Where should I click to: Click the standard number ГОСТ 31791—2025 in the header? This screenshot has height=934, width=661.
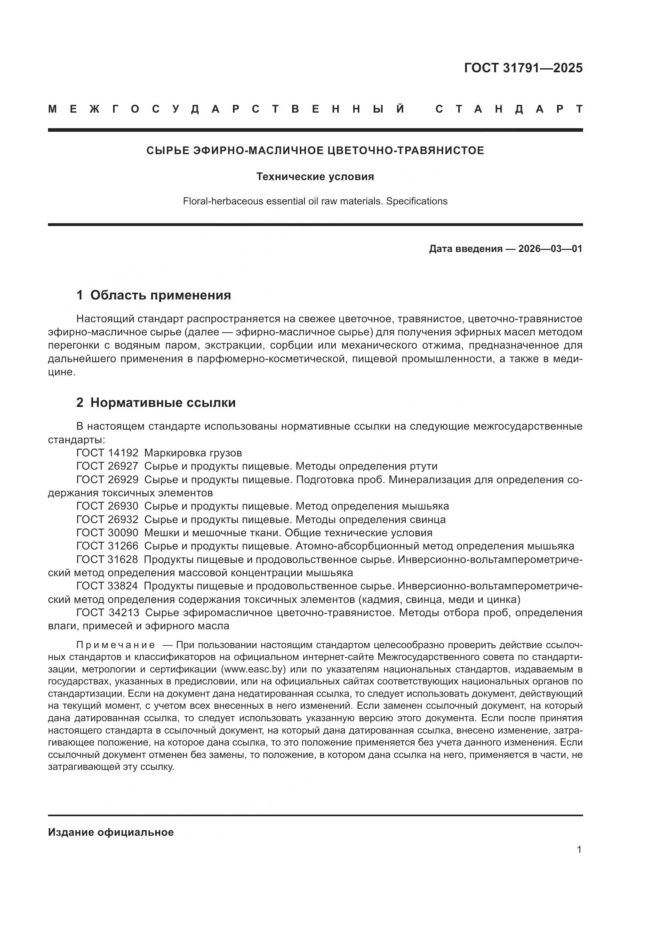523,68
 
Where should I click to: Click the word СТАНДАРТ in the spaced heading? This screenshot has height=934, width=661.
509,109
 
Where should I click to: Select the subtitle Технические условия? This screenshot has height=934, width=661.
315,176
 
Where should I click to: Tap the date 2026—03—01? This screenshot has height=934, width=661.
550,248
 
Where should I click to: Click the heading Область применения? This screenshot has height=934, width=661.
160,295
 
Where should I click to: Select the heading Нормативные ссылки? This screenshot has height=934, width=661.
163,403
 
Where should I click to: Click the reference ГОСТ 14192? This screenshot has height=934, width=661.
108,453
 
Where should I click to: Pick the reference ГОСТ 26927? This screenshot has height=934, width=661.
108,466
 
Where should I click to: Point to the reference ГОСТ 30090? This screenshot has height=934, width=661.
108,533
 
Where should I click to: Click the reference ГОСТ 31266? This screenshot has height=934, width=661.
108,546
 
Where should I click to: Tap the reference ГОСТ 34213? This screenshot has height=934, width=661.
108,612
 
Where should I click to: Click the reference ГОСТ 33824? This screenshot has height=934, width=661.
108,586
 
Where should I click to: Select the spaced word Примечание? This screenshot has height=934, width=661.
115,645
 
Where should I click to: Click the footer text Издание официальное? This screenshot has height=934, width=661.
111,832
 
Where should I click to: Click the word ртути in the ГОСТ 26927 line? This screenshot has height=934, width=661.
425,466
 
